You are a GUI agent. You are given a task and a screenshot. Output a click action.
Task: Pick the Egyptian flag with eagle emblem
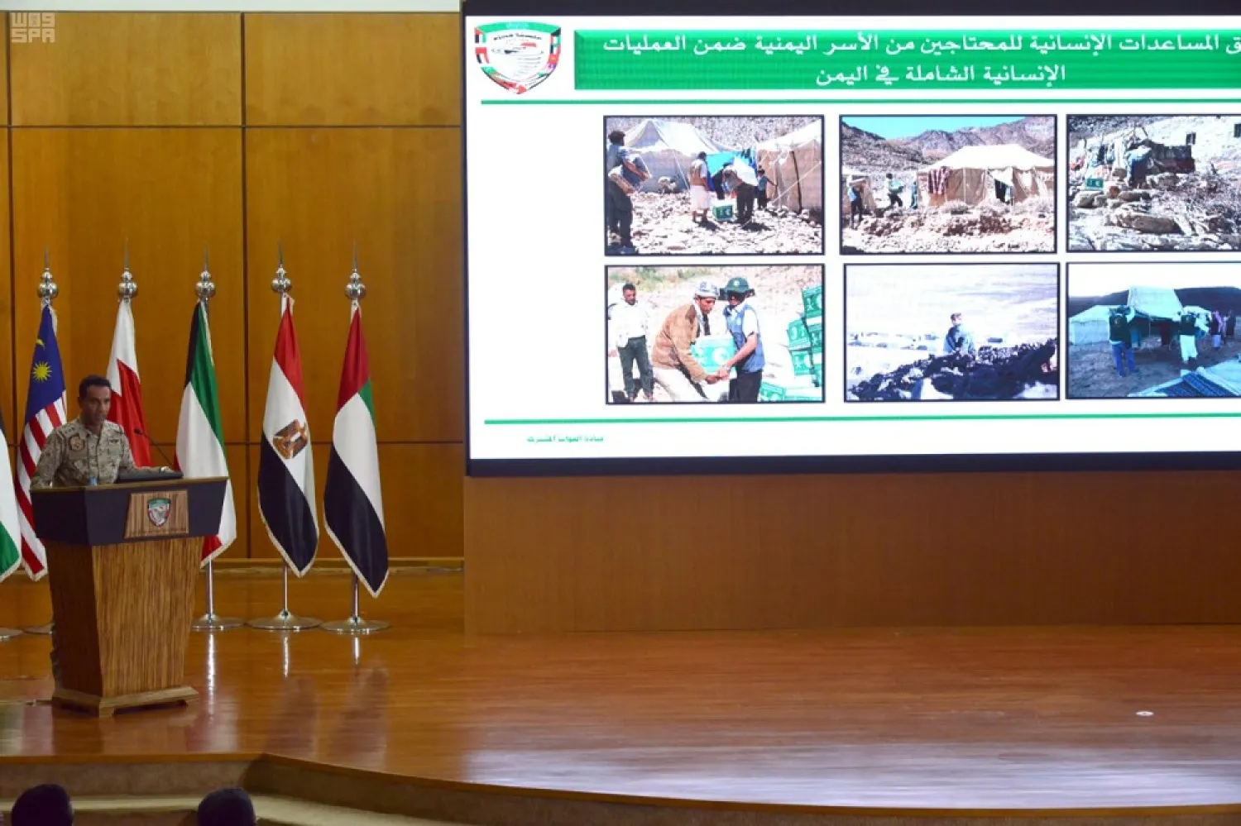[287, 438]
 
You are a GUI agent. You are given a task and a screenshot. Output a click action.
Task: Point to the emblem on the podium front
[158, 512]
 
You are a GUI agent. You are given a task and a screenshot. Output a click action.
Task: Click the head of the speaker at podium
[94, 396]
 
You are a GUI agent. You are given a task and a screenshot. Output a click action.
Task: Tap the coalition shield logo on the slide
[518, 56]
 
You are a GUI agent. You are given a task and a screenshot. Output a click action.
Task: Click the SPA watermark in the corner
[32, 28]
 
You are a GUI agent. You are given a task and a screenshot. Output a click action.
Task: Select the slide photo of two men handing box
[715, 334]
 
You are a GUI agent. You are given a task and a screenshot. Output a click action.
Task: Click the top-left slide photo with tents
[714, 184]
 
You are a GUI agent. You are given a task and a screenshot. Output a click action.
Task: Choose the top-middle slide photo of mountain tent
[948, 184]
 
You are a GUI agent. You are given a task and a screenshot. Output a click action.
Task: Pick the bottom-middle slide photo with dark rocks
[951, 333]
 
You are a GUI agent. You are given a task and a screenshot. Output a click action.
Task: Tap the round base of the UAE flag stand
[355, 626]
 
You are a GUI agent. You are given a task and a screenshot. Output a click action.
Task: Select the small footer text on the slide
[565, 438]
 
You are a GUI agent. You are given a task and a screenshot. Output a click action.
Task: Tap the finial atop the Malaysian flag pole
[47, 285]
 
